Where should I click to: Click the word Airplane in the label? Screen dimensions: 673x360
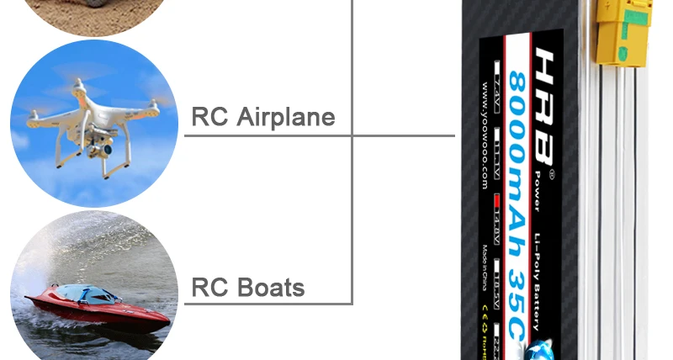[287, 116]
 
